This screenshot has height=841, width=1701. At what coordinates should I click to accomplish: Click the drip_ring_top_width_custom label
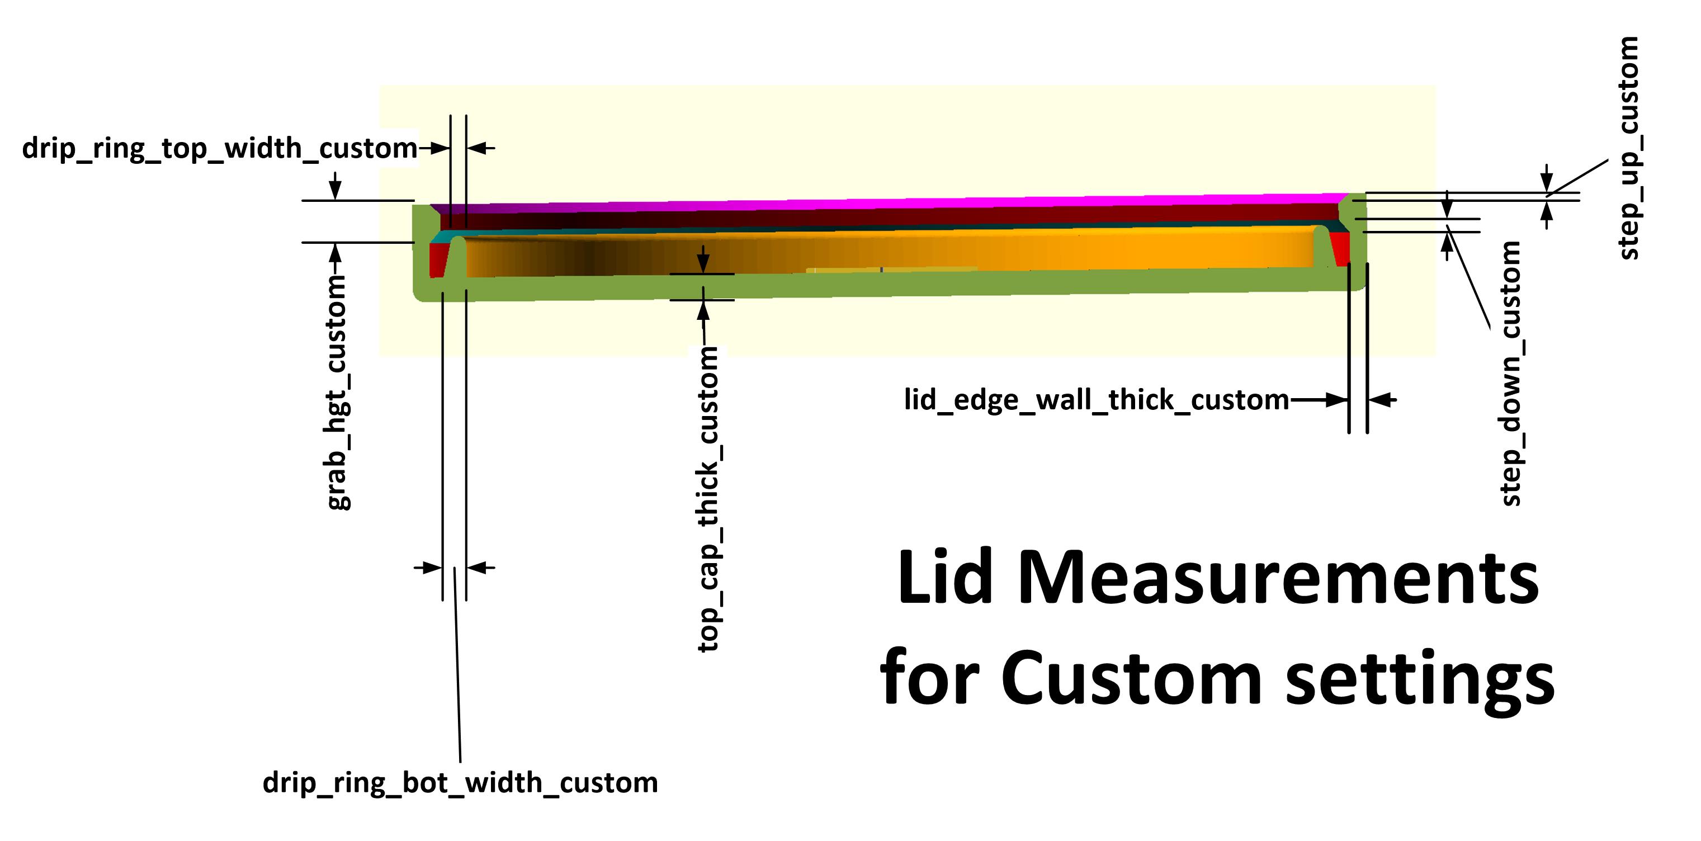click(220, 149)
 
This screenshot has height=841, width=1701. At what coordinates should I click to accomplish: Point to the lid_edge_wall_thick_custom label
click(1096, 400)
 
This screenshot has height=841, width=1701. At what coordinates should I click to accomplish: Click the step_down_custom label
click(1511, 374)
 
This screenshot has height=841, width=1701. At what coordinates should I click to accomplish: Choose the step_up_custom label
click(1628, 149)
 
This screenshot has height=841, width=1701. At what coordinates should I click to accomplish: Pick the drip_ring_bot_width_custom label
click(460, 783)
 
